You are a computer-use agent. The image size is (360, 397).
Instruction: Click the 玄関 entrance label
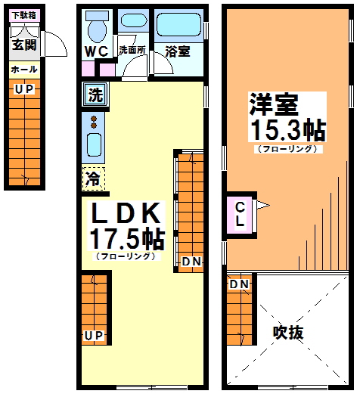[23, 45]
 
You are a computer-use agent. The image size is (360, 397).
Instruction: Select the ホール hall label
[23, 70]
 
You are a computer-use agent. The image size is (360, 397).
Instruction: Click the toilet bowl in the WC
[96, 29]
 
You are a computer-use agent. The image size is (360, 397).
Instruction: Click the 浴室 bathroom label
[177, 51]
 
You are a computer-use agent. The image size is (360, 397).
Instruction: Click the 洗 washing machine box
[95, 95]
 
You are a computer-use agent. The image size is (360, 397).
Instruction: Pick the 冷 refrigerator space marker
[93, 180]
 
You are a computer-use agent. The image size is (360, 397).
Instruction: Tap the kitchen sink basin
[94, 144]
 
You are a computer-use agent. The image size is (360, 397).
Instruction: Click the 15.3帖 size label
[287, 129]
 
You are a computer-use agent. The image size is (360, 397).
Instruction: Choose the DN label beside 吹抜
[240, 284]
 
